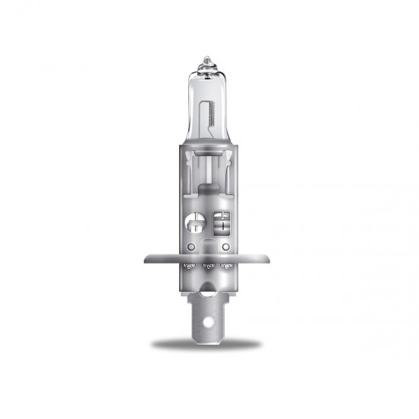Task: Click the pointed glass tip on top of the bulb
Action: [209, 59]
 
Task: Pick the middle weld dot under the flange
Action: [209, 267]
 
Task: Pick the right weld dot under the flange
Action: [227, 267]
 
